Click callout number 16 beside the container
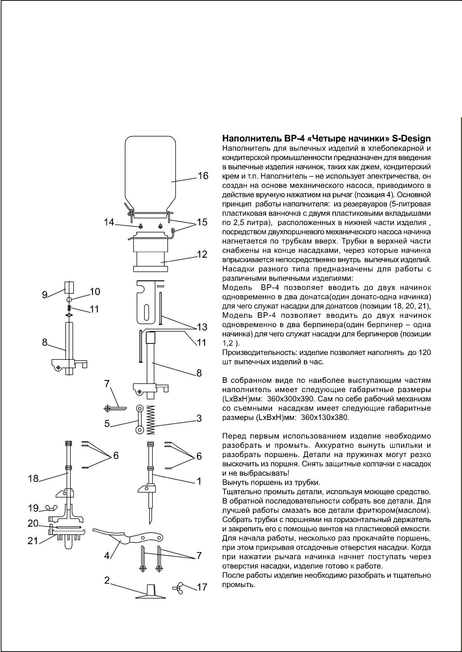point(203,176)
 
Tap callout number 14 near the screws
point(109,222)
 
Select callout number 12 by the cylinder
point(202,254)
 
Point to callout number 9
point(45,295)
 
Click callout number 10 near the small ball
point(95,291)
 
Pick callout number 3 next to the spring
point(199,418)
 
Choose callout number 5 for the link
point(107,423)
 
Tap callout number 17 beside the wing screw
point(202,587)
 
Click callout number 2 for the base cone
point(107,580)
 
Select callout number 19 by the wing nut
point(33,508)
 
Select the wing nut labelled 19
point(50,508)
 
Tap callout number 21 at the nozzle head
point(33,541)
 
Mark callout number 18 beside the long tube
point(33,478)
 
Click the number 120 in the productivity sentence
point(425,352)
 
